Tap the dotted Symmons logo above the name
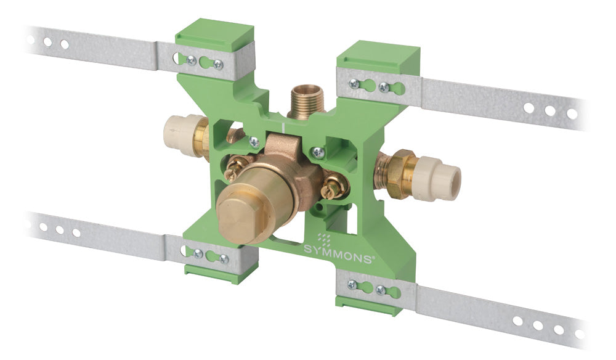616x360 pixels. pyautogui.click(x=324, y=238)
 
